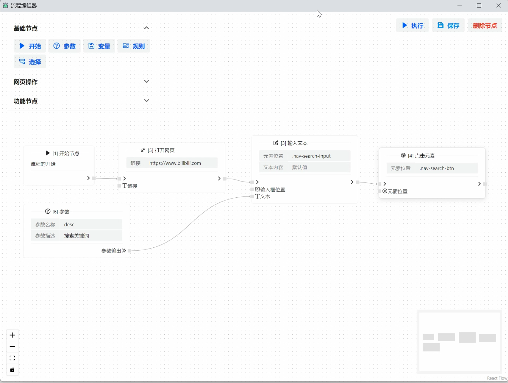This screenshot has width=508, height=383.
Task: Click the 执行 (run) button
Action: click(x=412, y=25)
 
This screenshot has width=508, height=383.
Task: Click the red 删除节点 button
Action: click(x=485, y=25)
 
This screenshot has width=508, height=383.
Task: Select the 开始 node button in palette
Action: click(x=30, y=46)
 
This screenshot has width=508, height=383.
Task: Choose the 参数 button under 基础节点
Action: click(x=64, y=46)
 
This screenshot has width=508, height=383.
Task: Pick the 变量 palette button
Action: click(x=99, y=46)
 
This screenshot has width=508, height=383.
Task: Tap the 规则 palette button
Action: click(x=134, y=46)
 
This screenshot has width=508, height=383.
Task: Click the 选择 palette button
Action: click(x=30, y=62)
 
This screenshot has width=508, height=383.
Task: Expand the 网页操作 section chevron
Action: click(x=147, y=82)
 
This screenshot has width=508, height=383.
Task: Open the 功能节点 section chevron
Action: click(x=147, y=101)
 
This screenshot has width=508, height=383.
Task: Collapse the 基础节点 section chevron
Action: click(x=147, y=28)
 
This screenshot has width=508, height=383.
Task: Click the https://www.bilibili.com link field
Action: click(x=181, y=163)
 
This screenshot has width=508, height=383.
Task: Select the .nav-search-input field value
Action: click(x=320, y=156)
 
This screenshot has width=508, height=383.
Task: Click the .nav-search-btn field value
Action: click(x=447, y=168)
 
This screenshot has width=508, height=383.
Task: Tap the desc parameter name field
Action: click(x=91, y=224)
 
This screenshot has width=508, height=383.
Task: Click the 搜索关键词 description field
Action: click(x=91, y=236)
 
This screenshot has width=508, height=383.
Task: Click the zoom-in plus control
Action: click(x=12, y=335)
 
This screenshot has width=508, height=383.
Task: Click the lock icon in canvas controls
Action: click(x=12, y=370)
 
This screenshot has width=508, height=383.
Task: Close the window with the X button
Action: click(x=499, y=5)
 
